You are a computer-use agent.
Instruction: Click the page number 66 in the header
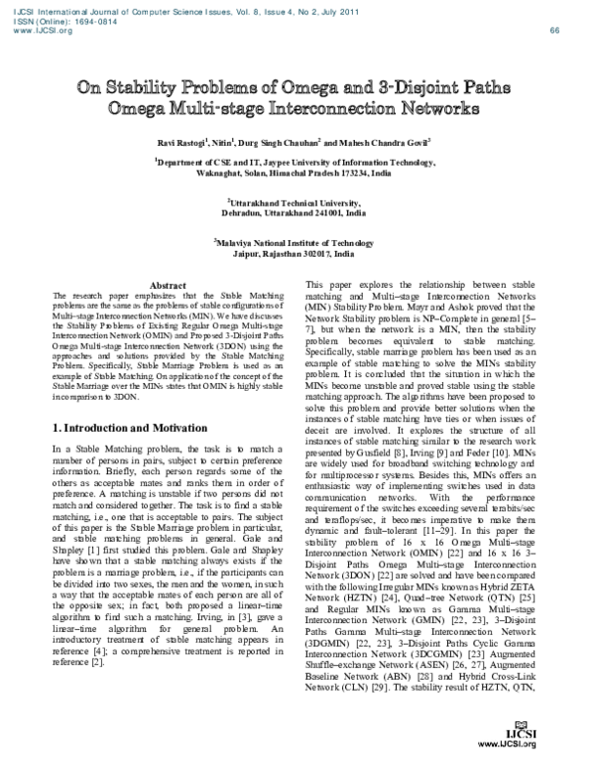click(554, 31)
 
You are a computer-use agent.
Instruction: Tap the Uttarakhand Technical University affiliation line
click(297, 201)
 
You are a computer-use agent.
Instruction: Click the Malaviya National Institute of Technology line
click(297, 242)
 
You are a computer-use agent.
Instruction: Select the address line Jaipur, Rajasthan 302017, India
click(297, 253)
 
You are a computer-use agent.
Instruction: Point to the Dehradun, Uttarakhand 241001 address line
click(297, 212)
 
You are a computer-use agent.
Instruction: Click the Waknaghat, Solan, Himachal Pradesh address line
click(297, 171)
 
